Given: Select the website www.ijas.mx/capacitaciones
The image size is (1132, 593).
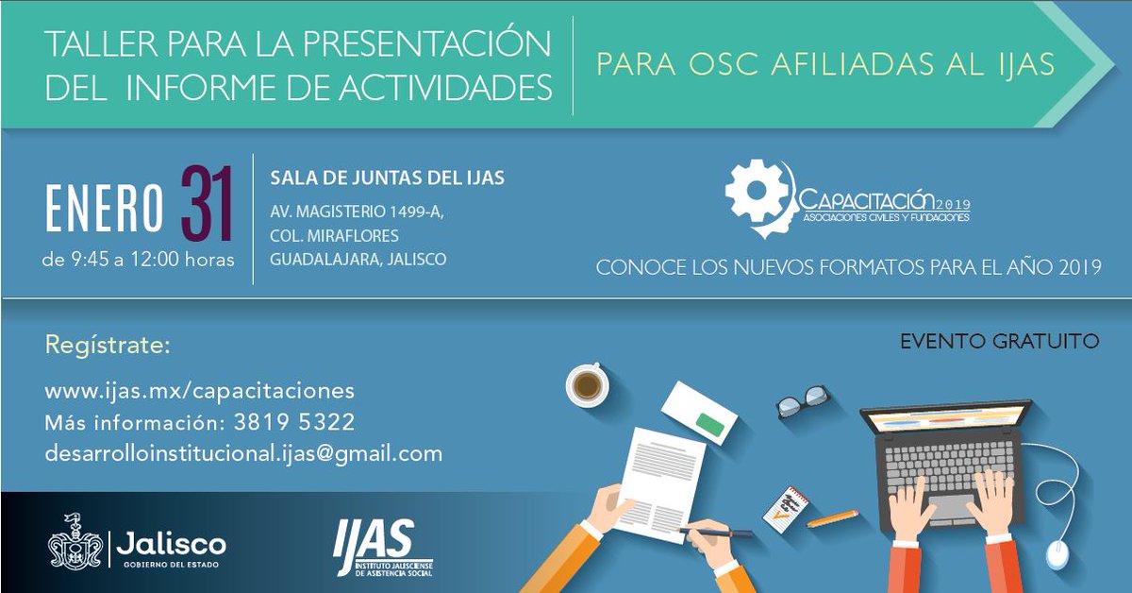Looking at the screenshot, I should click(199, 391).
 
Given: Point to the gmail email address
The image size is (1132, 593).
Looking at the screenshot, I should click(243, 453).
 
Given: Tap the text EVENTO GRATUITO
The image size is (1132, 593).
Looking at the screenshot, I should click(999, 341).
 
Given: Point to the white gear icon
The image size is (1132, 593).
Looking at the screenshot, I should click(756, 191).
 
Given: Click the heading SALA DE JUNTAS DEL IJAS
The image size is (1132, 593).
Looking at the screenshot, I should click(387, 178).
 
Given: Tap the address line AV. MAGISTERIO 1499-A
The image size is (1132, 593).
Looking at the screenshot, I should click(357, 212).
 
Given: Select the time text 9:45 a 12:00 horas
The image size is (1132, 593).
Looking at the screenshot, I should click(139, 259).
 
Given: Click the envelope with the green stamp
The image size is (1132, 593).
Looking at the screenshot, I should click(699, 414).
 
